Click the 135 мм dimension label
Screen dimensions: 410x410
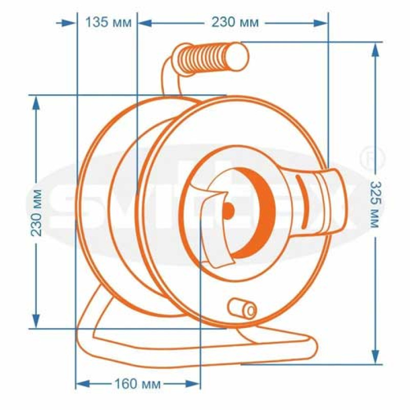(109, 22)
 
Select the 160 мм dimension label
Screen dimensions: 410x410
(137, 384)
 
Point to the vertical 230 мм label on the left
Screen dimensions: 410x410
(36, 213)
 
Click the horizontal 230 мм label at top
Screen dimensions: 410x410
(235, 22)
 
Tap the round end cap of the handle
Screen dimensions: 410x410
(237, 56)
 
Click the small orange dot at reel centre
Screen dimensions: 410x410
(228, 210)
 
